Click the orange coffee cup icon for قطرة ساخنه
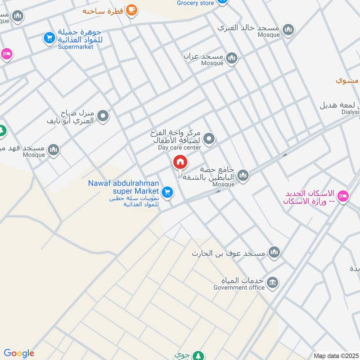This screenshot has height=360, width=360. click(131, 9)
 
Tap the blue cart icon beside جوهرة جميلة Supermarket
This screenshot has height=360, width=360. click(49, 38)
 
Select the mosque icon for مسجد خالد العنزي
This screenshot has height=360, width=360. click(288, 29)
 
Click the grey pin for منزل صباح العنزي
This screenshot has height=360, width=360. click(103, 117)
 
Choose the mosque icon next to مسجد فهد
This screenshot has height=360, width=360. click(54, 149)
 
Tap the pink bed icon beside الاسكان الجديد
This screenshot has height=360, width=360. click(343, 197)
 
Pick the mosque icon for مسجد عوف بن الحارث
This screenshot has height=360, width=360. click(274, 252)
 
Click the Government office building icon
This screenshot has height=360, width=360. click(272, 283)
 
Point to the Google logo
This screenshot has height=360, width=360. click(18, 353)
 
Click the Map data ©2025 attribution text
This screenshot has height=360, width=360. click(335, 355)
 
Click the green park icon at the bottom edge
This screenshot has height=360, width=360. click(197, 356)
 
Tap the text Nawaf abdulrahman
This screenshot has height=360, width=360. click(124, 183)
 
